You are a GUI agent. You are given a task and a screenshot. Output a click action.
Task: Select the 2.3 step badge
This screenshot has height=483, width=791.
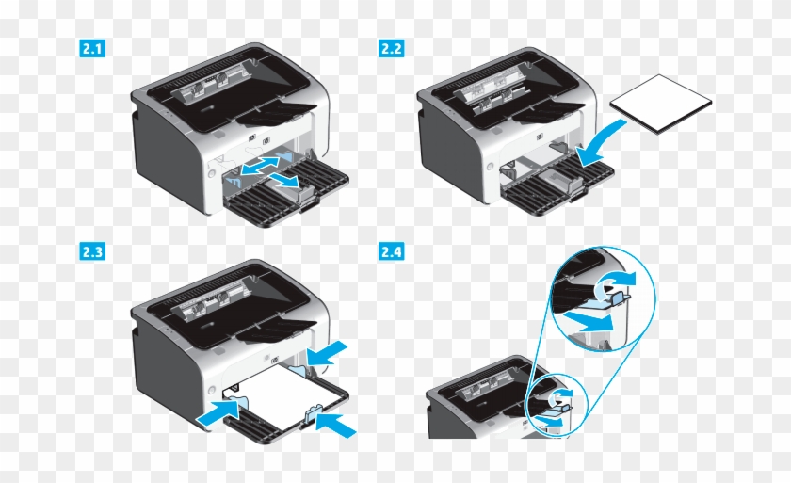90,252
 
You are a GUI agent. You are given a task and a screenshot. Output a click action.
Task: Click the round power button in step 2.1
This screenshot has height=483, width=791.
200,174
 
